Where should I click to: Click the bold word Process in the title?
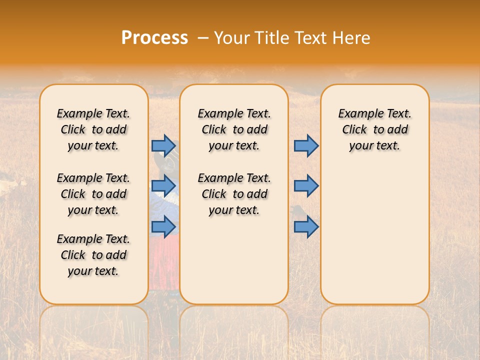tap(154, 38)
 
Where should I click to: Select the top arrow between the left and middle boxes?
tap(163, 145)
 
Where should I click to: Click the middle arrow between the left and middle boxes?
tap(163, 186)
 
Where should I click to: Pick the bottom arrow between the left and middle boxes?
tap(163, 227)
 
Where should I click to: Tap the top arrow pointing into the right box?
tap(306, 145)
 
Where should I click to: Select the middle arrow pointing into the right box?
tap(306, 186)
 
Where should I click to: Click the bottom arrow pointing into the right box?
tap(306, 227)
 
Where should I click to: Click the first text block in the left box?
tap(93, 129)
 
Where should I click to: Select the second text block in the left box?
tap(93, 194)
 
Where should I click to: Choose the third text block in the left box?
tap(93, 255)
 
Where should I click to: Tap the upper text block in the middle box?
tap(234, 129)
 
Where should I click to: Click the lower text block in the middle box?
tap(234, 194)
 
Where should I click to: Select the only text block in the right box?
tap(374, 129)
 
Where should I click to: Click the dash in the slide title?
tap(203, 38)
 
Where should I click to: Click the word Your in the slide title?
tap(232, 38)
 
